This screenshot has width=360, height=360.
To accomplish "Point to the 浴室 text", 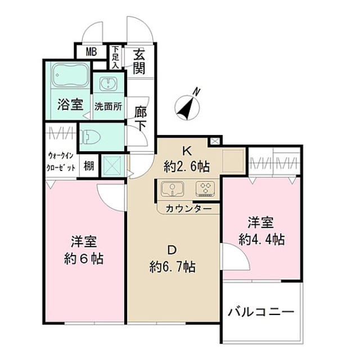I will click(70, 105).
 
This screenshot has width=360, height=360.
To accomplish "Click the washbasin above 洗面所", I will click(107, 85).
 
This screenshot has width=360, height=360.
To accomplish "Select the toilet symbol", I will click(92, 136).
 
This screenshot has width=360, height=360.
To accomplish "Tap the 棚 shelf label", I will click(89, 166).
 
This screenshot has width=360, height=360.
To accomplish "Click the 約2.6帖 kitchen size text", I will click(187, 166).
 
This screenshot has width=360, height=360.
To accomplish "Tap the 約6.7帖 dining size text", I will click(172, 267).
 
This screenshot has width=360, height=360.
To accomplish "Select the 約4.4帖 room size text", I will click(261, 239).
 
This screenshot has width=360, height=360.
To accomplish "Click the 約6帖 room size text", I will click(84, 259).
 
